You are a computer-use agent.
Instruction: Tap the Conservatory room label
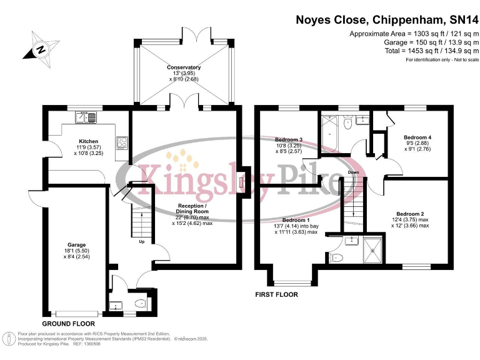point(184,67)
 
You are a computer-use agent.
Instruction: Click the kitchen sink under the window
point(86,117)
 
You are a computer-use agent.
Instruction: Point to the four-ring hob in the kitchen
point(122,142)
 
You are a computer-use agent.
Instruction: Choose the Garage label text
point(77,244)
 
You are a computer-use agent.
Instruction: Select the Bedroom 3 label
point(289,139)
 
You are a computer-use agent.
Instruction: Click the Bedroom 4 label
point(417,137)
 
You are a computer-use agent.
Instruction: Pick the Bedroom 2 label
point(411,213)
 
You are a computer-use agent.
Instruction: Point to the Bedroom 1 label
point(296,221)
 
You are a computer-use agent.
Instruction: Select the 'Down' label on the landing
point(353,172)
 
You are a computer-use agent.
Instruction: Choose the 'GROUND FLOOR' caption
point(68,324)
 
